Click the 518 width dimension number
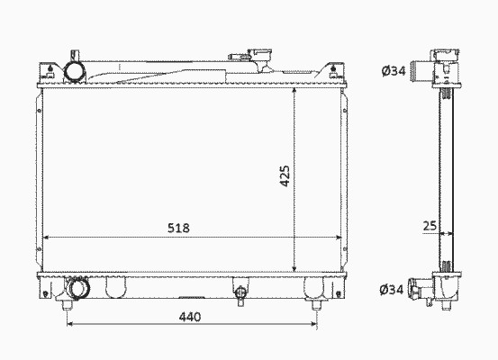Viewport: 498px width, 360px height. [x=178, y=228]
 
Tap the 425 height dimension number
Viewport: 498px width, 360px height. [x=285, y=175]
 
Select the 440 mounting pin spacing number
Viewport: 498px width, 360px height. [x=190, y=317]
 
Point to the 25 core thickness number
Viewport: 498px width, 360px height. [x=430, y=226]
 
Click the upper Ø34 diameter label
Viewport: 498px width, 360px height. [x=394, y=70]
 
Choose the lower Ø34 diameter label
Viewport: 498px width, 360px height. [x=392, y=289]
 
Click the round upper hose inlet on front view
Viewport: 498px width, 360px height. [x=75, y=72]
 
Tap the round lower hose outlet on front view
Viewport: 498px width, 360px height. [x=79, y=288]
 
